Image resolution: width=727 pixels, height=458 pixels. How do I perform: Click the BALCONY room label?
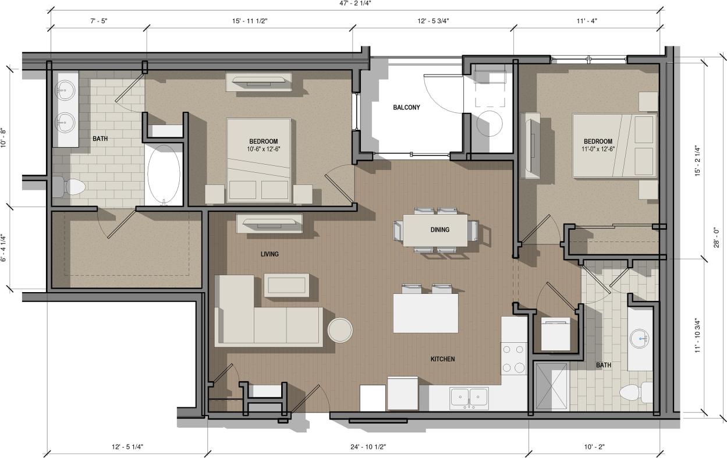pos(406,107)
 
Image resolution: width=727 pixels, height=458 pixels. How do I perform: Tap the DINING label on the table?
pos(439,229)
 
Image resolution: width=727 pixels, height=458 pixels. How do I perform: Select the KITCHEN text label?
pos(442,359)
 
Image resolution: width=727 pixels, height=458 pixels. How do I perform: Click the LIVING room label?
pos(269,254)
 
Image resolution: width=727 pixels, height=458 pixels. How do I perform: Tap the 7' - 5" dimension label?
pos(98,20)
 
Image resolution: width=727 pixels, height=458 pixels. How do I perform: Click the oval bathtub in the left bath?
pos(164,173)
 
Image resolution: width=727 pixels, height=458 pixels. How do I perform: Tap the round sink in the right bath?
pos(641,338)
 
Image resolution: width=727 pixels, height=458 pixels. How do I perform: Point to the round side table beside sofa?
pos(340,330)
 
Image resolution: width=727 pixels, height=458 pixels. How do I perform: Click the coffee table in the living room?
pos(286,285)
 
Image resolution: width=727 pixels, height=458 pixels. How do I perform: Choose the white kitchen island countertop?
pos(425,313)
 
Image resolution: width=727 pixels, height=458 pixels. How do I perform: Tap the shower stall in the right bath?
pos(550,386)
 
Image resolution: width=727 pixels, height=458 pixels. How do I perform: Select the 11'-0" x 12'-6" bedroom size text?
pos(598,148)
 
